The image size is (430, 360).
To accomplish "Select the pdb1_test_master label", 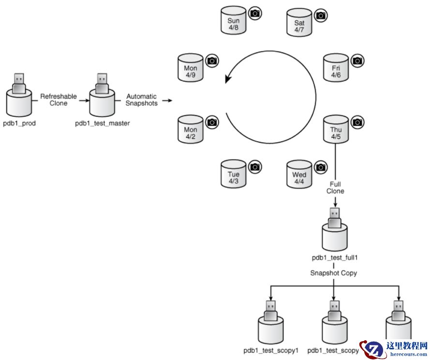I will tap(102, 123).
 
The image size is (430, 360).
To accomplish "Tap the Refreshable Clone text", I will tap(58, 100).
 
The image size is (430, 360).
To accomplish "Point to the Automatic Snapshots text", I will tap(141, 100).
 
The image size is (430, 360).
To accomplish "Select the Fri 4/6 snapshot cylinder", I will tap(336, 70).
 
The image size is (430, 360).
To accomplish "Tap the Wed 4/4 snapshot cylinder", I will tap(299, 176).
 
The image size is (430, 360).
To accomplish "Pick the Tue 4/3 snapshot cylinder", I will tap(233, 176).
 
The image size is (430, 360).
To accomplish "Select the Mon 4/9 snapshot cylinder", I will tap(191, 70).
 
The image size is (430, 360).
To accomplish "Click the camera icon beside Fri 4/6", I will tap(357, 61).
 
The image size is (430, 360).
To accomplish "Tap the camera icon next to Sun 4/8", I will tap(255, 14).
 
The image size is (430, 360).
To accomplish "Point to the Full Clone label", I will tap(335, 187).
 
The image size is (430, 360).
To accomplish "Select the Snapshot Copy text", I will tap(334, 273).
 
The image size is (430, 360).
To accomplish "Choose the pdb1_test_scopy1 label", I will tap(271, 350).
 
